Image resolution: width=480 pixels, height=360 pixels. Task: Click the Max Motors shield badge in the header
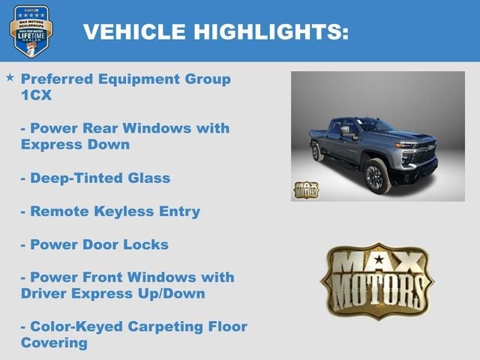pos(31,31)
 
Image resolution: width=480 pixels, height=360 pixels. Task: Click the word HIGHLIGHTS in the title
pos(272,31)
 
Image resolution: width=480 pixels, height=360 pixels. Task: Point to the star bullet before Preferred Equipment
pos(10,78)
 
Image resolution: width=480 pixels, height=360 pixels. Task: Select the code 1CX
pos(36,95)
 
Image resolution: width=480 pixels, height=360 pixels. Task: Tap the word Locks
pos(145,244)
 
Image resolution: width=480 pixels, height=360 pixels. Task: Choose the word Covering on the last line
pos(54,343)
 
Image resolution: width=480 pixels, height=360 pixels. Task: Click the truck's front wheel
pos(376,177)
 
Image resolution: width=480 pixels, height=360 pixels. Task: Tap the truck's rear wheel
pos(318,152)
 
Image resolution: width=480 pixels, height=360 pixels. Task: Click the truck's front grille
pos(424,154)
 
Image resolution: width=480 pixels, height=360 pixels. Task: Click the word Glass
pos(147,178)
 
